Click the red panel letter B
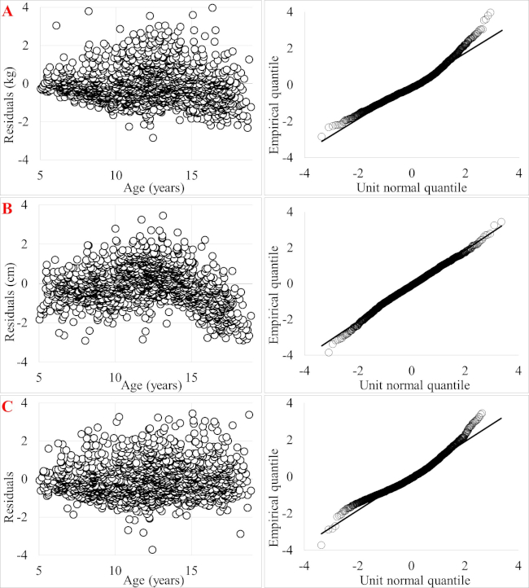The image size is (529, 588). click(x=10, y=208)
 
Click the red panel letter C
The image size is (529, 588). click(x=10, y=405)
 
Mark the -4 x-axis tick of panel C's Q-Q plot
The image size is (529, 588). click(x=302, y=568)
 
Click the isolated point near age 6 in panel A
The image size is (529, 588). click(x=56, y=25)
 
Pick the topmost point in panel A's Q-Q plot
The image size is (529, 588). click(x=490, y=13)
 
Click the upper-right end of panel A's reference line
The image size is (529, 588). click(x=502, y=30)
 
